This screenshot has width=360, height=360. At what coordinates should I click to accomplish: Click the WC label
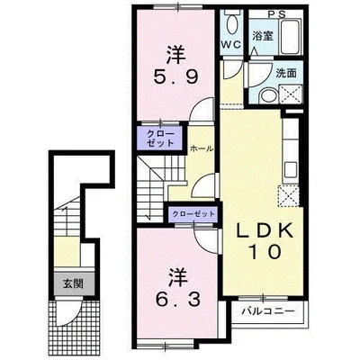coord(231,45)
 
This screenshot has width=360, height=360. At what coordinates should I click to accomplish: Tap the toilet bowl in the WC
coord(231,23)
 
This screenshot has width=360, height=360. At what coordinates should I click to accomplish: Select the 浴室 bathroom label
coord(263,36)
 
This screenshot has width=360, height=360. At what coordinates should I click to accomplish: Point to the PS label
coord(276,14)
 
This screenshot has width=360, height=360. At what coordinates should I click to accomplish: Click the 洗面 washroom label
coord(286,74)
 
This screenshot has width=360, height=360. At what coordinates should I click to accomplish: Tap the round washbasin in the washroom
coord(268,96)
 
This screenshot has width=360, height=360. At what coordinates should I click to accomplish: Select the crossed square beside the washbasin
coord(291,94)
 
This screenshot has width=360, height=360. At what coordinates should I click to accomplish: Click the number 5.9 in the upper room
coord(175,77)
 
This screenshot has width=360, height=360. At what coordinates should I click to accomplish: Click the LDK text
coord(265,230)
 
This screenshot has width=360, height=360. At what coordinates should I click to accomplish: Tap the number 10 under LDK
coord(265,252)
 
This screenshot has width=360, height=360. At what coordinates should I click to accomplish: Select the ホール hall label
coord(202,148)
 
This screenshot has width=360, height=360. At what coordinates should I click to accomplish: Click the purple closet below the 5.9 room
coord(160,138)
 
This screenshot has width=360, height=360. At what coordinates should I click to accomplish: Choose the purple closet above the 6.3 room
coord(193,214)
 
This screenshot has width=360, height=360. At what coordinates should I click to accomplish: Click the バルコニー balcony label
coord(268,311)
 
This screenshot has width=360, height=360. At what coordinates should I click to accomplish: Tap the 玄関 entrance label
coord(73,283)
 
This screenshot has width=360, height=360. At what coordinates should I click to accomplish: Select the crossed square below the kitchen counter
coord(289,196)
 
